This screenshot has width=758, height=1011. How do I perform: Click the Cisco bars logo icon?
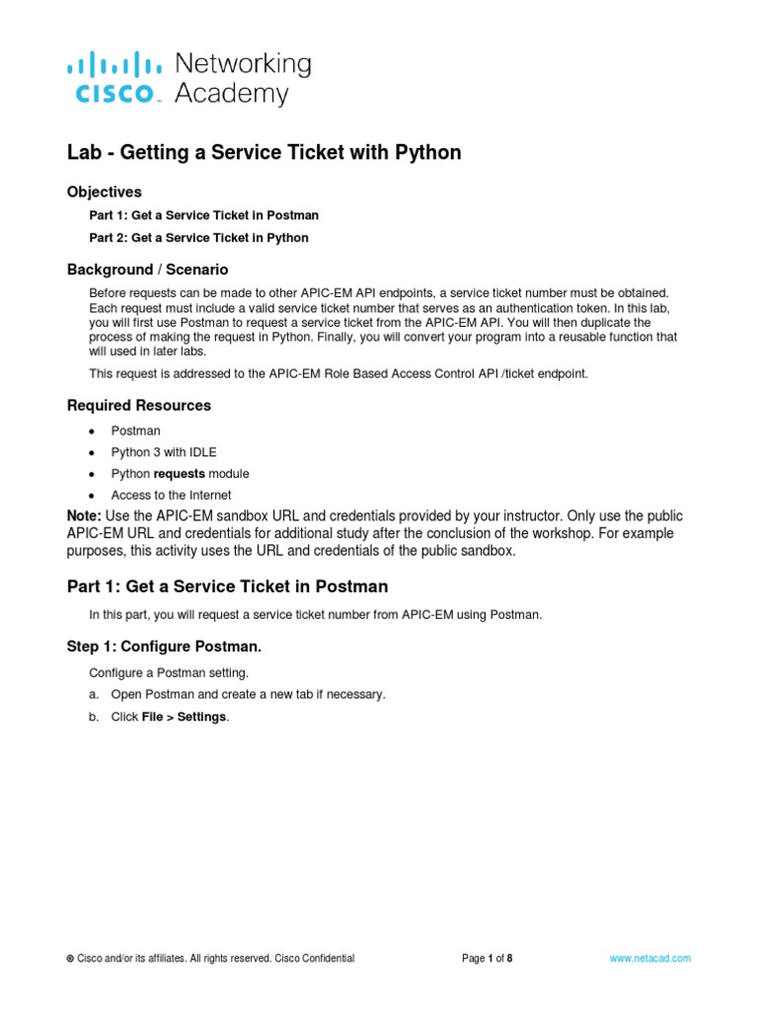tap(114, 66)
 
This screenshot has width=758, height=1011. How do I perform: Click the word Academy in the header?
tap(231, 94)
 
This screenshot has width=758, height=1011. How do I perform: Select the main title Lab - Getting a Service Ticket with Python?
tap(264, 152)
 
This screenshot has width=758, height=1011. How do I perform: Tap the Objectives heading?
tap(104, 192)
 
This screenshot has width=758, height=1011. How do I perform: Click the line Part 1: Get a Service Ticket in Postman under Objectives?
tap(203, 215)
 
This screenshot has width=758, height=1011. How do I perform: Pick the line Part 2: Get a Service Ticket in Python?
tap(198, 238)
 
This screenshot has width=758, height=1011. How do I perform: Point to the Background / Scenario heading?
tap(147, 270)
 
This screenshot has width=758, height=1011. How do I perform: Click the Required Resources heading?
tap(138, 405)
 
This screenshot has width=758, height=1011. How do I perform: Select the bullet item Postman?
tap(135, 431)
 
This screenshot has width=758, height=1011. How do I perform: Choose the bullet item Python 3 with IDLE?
tap(163, 452)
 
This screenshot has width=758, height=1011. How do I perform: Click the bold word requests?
tap(178, 474)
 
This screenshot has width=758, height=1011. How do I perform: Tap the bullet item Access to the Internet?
tap(171, 496)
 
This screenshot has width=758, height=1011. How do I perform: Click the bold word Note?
tap(84, 516)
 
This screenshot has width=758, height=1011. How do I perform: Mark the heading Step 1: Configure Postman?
tap(164, 647)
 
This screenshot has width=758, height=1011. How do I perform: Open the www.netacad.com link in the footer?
tap(649, 959)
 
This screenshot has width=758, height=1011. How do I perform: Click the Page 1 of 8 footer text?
tap(487, 959)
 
